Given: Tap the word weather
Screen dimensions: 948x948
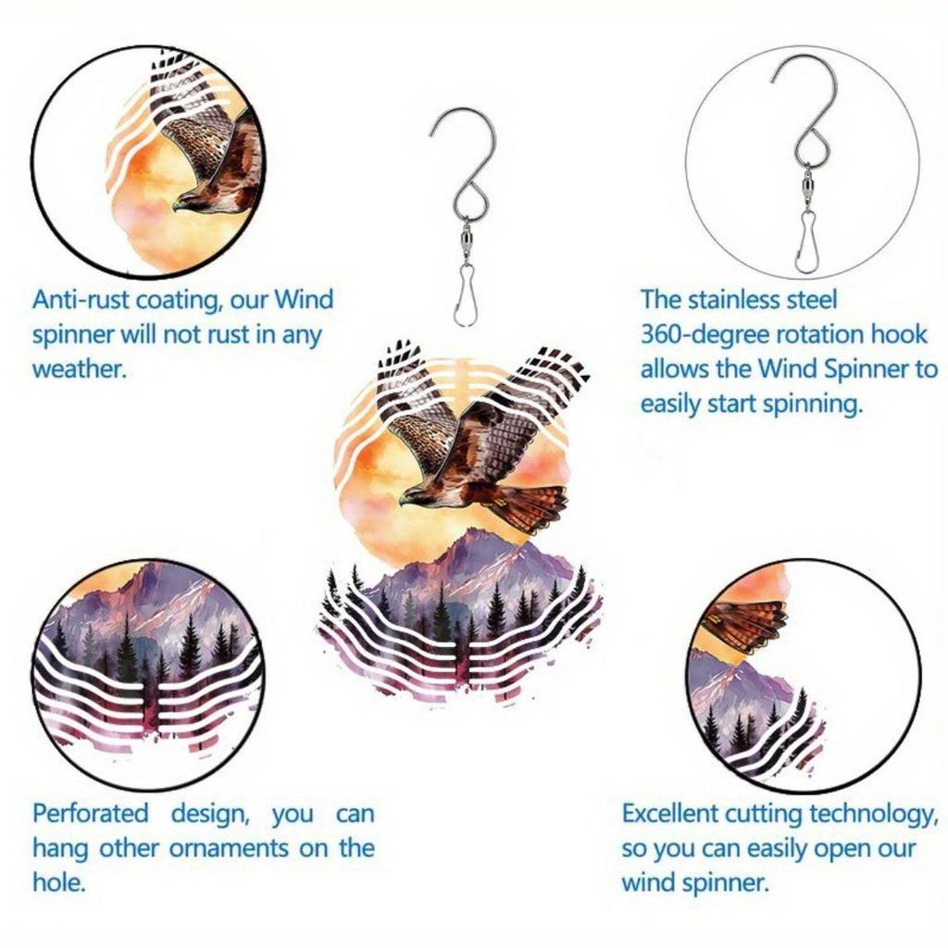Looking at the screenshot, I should click(x=78, y=368).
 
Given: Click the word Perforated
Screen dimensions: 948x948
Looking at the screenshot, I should click(x=90, y=814).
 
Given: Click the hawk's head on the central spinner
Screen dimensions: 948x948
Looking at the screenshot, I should click(x=413, y=498).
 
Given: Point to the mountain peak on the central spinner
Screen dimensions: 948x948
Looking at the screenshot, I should click(x=475, y=535).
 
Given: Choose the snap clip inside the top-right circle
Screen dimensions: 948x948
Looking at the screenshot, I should click(x=806, y=243).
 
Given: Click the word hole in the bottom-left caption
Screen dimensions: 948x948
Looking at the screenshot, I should click(x=58, y=882).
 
